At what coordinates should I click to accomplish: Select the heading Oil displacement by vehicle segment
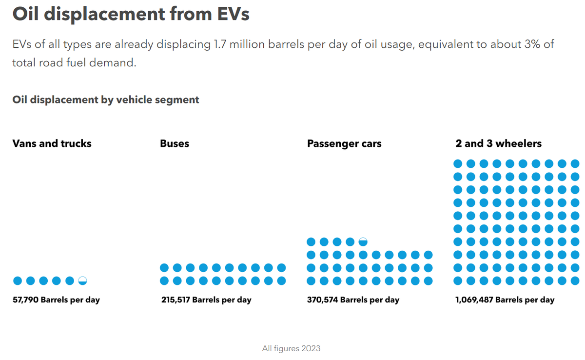pos(106,100)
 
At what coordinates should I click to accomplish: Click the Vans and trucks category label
pos(52,143)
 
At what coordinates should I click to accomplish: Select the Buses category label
pos(175,143)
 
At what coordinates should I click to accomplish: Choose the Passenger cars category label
pos(344,143)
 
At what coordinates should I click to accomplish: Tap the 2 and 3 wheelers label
pos(498,143)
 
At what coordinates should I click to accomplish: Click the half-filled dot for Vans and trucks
pos(82,280)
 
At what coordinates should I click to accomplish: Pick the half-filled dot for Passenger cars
pos(363,241)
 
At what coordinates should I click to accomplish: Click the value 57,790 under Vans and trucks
pos(25,300)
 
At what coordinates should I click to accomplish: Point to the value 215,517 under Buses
pos(175,300)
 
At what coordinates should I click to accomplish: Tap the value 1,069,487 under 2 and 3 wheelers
pos(474,300)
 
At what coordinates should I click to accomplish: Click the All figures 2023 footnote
pos(291,348)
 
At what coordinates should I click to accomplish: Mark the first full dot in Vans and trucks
pos(18,280)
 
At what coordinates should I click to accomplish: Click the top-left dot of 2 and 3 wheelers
pos(458,163)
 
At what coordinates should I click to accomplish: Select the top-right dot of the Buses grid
pos(281,268)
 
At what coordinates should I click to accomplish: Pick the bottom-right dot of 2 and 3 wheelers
pos(575,280)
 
